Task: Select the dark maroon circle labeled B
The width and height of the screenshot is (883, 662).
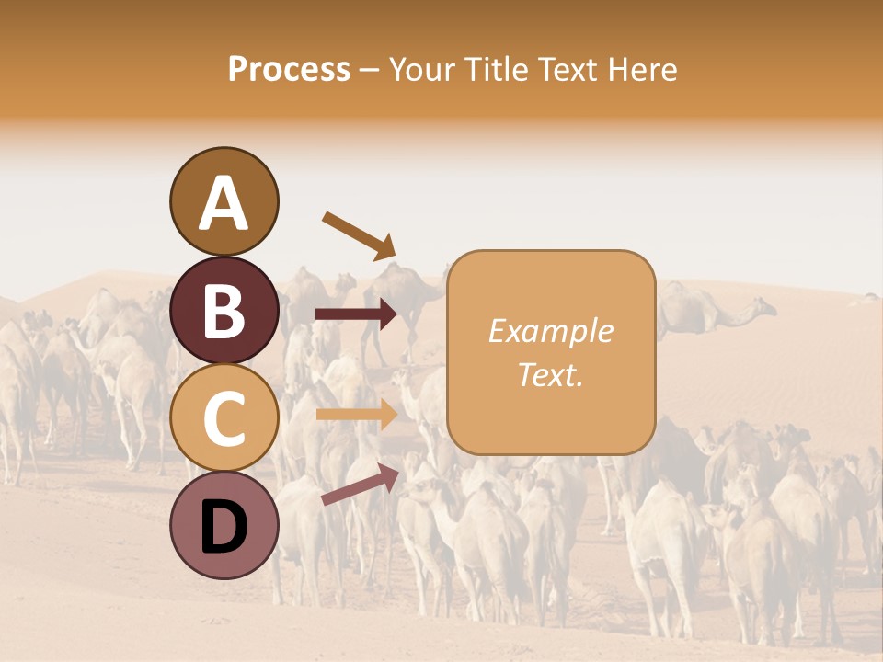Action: [x=224, y=310]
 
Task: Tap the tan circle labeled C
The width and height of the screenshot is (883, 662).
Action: [x=224, y=417]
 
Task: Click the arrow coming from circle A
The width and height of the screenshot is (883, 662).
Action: [x=359, y=235]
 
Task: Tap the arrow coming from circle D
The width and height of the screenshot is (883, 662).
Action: [x=359, y=484]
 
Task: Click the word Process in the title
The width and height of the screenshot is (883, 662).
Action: [x=289, y=69]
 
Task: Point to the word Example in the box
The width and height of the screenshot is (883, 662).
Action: [x=550, y=331]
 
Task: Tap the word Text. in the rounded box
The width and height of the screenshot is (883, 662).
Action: [x=550, y=374]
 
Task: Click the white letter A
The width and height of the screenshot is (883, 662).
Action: [x=224, y=204]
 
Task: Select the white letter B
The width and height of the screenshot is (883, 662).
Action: [x=224, y=311]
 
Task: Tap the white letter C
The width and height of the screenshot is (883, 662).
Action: [x=224, y=418]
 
